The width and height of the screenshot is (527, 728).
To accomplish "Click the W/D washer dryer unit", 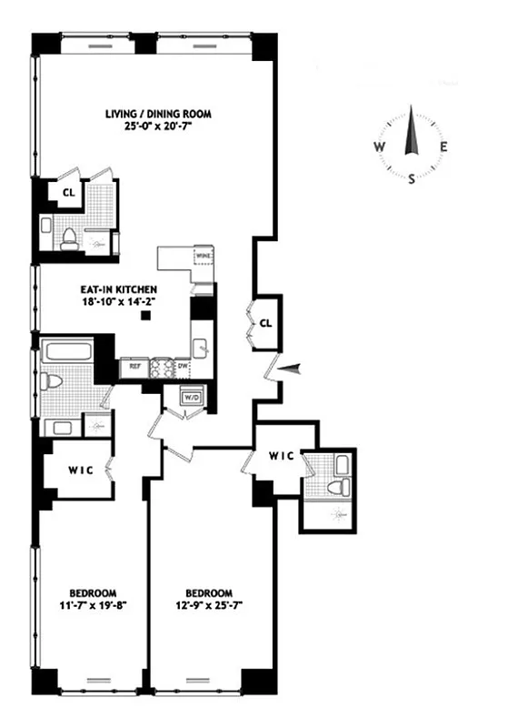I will (192, 398).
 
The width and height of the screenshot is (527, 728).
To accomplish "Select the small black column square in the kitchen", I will (145, 316).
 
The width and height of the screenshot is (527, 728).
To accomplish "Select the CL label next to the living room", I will (67, 192).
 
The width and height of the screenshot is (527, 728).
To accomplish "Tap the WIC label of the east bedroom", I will (281, 456).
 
